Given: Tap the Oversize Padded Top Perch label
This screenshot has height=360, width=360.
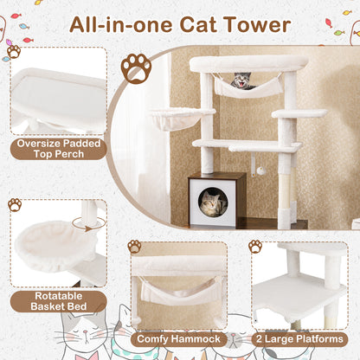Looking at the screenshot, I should point(58,149).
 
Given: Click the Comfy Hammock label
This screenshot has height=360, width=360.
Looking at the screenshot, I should point(179,341).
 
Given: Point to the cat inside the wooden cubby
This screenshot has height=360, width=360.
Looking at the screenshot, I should point(211,203).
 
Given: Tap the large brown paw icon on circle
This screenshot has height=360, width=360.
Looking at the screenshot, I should point(136,68).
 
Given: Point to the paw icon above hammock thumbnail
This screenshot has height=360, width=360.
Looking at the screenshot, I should point(134,247).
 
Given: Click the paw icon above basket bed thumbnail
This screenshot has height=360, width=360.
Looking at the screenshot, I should point(14,205).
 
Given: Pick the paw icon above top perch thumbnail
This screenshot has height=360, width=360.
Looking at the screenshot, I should point(14,51).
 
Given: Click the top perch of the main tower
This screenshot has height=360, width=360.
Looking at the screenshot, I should point(248,64).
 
